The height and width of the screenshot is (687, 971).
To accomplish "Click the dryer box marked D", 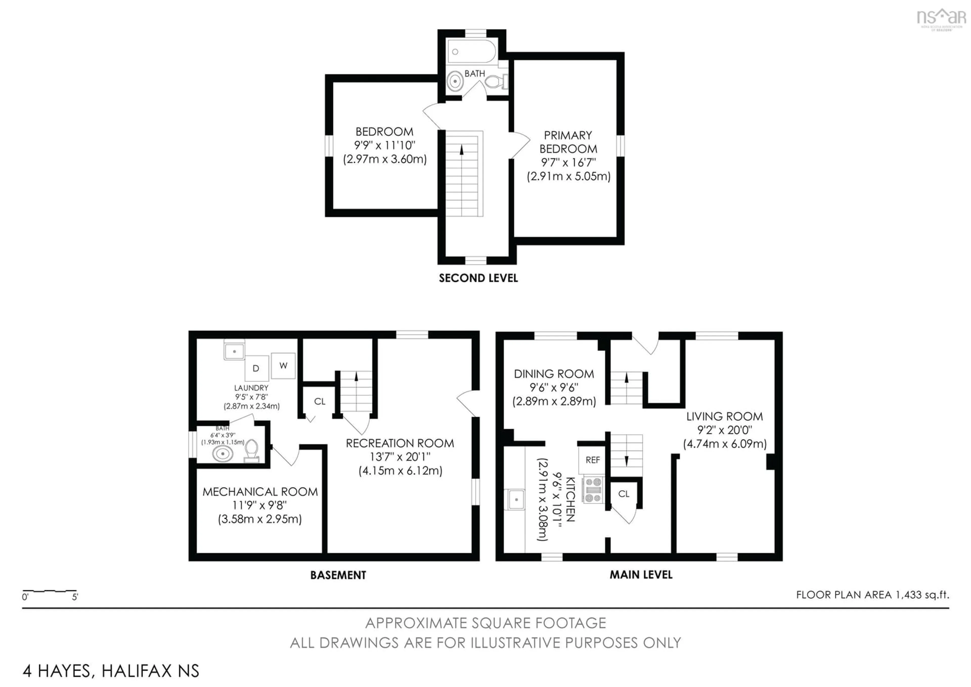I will click(256, 368).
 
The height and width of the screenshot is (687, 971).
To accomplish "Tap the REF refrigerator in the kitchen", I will click(592, 460).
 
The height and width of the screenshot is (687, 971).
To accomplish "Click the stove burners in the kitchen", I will click(593, 490).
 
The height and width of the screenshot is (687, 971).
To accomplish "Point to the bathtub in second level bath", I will click(472, 52).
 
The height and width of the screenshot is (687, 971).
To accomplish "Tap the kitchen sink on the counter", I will click(516, 499).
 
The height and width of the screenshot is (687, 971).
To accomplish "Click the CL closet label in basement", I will click(320, 401).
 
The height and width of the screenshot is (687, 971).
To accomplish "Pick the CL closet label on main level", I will click(624, 494).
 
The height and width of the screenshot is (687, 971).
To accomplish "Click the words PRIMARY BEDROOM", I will click(568, 142).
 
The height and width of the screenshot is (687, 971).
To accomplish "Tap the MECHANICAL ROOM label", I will click(260, 492).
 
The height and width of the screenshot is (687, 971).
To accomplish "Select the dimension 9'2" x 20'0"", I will click(724, 430).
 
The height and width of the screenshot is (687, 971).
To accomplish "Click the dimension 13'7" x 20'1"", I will click(400, 457).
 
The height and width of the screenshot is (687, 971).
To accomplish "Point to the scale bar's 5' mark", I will click(75, 597).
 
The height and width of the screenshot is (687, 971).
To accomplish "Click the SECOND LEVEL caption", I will click(478, 278).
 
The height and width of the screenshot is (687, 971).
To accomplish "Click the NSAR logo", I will click(941, 18).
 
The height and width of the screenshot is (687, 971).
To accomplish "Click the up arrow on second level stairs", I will click(461, 149).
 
